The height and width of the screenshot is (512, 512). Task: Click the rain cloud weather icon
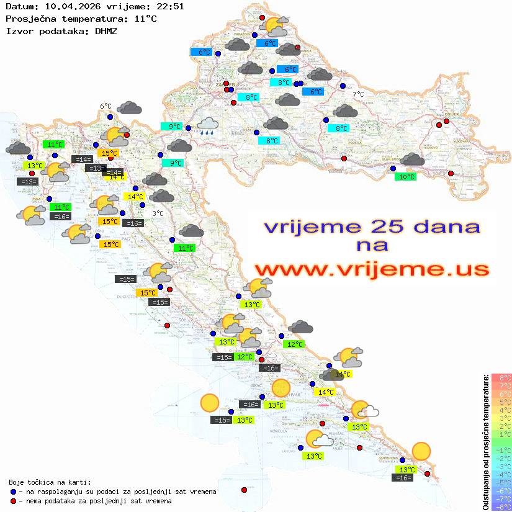(x=207, y=126)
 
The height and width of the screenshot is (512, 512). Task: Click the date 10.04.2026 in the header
(x=70, y=7)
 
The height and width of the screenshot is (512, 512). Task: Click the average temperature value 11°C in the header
(x=145, y=19)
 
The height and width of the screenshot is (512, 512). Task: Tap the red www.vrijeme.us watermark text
(x=371, y=269)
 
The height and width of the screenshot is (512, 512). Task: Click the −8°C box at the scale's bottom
(x=501, y=507)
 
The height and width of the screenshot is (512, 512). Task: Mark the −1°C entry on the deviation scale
(x=501, y=451)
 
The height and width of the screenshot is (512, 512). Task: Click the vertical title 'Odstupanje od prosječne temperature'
(x=486, y=442)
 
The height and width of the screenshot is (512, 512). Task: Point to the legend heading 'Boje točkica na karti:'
(x=50, y=482)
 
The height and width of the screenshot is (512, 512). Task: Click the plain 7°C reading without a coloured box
(x=359, y=94)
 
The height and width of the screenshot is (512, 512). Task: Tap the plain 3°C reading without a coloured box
(x=158, y=213)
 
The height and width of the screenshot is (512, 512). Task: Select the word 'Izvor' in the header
(x=19, y=30)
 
